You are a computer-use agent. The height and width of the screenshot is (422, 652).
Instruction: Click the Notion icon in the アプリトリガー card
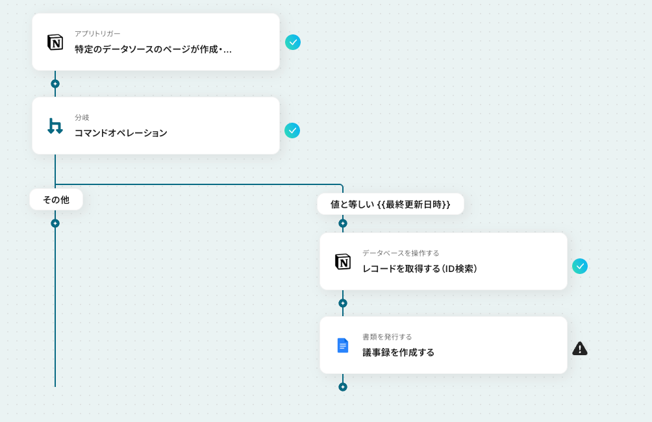[55, 42]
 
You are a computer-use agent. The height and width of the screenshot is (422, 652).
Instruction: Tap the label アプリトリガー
[97, 34]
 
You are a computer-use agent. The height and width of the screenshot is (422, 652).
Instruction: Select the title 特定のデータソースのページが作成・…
[153, 49]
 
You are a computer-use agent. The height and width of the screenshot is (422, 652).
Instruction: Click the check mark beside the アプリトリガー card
[293, 42]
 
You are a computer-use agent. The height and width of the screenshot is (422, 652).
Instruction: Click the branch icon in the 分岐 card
[55, 126]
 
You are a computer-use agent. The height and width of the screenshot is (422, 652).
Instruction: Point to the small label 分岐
[82, 118]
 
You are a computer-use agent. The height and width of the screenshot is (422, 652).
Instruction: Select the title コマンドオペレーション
[121, 133]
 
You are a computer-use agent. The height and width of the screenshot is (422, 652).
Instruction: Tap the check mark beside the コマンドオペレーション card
[292, 130]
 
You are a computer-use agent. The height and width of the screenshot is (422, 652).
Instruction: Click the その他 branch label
[56, 200]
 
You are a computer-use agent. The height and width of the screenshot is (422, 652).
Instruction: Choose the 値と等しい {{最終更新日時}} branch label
[390, 204]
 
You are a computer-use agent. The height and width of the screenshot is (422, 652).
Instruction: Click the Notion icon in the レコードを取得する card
[343, 262]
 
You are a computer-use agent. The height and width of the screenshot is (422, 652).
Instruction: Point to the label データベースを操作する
[401, 253]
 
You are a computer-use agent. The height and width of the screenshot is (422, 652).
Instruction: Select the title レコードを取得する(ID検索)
[420, 269]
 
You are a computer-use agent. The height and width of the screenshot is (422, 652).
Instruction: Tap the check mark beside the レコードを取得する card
[580, 266]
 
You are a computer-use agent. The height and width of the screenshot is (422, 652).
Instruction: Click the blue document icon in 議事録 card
[343, 345]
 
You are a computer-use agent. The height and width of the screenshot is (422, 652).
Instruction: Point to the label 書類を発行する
[387, 337]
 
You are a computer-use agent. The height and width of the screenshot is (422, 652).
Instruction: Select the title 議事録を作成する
[398, 353]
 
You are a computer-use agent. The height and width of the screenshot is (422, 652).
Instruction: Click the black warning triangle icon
[580, 349]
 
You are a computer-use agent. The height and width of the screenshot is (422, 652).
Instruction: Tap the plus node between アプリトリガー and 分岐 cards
[55, 84]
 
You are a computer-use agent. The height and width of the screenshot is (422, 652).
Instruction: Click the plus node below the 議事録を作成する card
[343, 387]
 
